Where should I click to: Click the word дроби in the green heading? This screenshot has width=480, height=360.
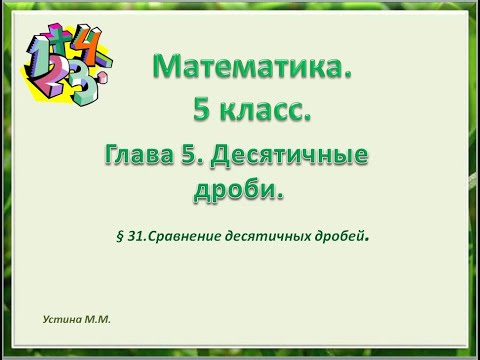(232, 189)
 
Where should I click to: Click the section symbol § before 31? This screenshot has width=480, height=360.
(121, 238)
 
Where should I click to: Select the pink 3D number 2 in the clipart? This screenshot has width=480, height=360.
(50, 78)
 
